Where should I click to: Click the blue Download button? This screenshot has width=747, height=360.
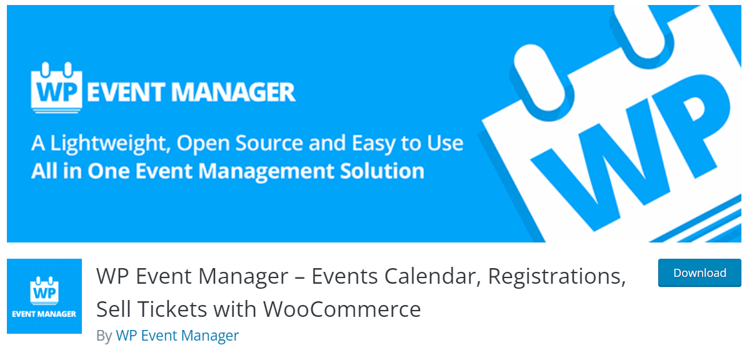point(699,273)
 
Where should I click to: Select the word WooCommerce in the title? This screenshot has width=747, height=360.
point(341,309)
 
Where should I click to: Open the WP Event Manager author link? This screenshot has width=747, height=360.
point(177,336)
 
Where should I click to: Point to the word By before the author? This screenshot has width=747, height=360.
point(104,336)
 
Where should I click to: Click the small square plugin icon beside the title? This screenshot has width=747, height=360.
point(44,296)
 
